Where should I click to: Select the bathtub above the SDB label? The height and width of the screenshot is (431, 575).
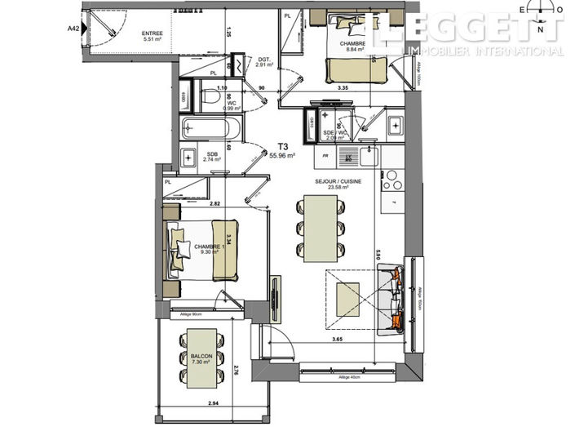point(211,129)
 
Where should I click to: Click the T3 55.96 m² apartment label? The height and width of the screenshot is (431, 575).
point(281,150)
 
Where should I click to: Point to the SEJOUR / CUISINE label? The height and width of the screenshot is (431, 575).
point(332,184)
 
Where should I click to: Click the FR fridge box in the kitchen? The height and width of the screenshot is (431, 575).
point(325,155)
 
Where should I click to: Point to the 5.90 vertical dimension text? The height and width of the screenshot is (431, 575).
point(377,255)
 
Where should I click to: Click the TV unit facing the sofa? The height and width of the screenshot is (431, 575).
point(276,294)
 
